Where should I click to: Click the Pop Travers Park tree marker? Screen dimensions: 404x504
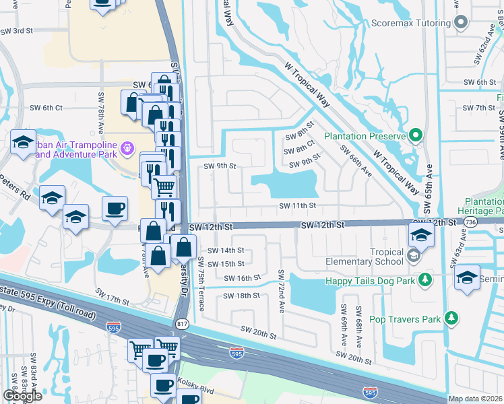tap(455, 318)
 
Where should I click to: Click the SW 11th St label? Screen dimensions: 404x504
tap(298, 205)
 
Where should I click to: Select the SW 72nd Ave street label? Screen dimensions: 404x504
tap(282, 290)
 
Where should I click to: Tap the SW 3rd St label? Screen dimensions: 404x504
tap(17, 31)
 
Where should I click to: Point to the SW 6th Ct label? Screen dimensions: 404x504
tap(46, 108)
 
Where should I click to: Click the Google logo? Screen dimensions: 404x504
tap(22, 396)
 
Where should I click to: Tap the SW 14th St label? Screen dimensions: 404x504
tap(225, 250)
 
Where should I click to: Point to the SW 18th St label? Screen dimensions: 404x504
tap(243, 296)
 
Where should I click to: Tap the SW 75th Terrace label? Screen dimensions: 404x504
tap(201, 283)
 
